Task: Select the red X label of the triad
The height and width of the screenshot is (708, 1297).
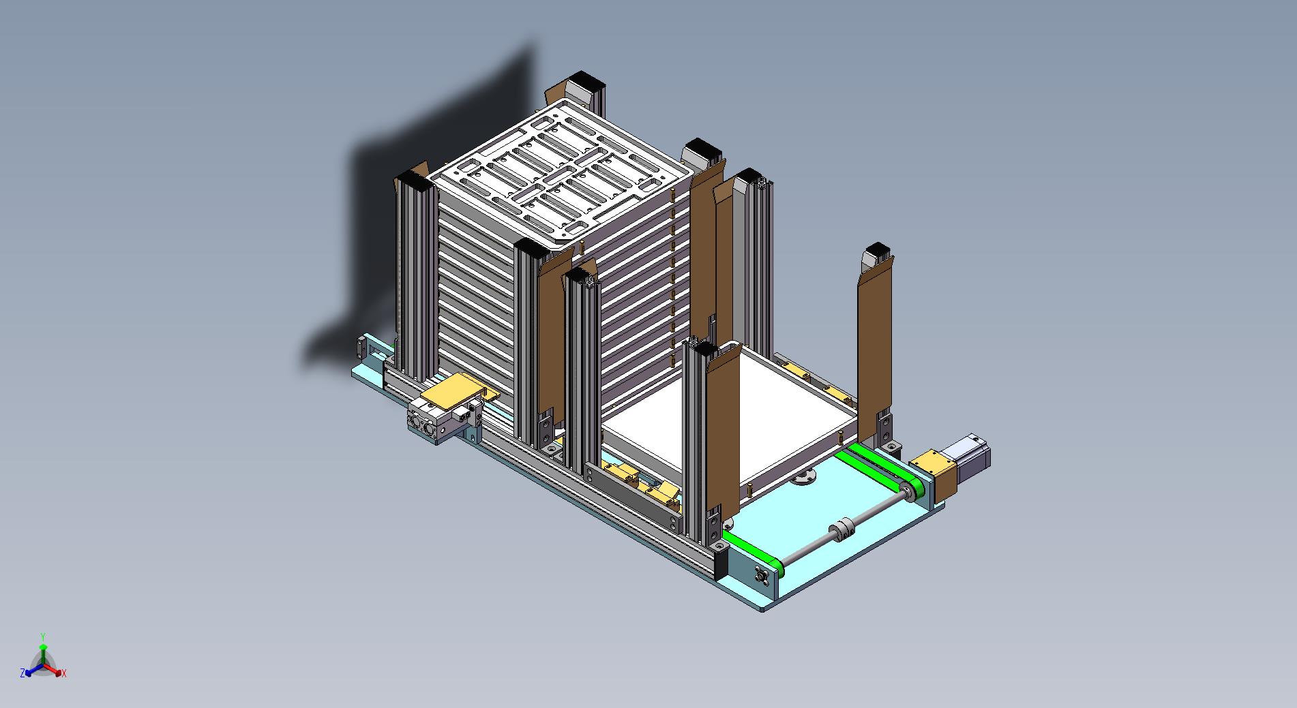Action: click(64, 673)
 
